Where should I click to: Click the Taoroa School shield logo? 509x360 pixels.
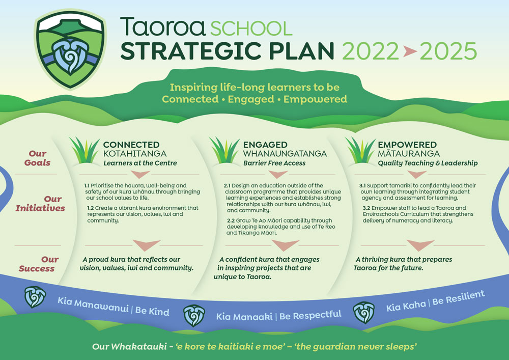(x=70, y=49)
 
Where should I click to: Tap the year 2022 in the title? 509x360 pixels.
(x=371, y=51)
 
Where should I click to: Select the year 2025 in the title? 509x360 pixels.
(x=448, y=51)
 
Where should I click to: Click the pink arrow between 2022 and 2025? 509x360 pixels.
(x=410, y=51)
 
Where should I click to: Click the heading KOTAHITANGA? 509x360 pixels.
(x=135, y=154)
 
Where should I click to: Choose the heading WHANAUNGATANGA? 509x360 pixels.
(x=285, y=154)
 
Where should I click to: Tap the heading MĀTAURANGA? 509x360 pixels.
(x=409, y=153)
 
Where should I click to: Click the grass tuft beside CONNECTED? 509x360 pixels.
(x=84, y=150)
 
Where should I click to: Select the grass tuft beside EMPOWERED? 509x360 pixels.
(x=360, y=150)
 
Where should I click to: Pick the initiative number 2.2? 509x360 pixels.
(x=231, y=221)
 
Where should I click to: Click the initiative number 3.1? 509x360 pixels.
(x=362, y=186)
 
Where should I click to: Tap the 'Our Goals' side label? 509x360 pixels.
(x=37, y=158)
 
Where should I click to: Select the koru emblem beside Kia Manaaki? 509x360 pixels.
(x=194, y=316)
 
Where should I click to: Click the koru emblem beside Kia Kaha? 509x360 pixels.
(x=363, y=313)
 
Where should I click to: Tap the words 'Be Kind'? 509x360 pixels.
(x=152, y=311)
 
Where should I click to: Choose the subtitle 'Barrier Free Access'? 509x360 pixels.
(x=274, y=163)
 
